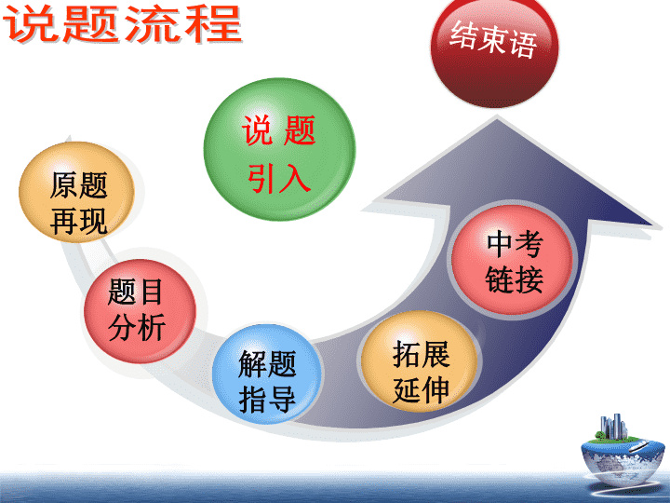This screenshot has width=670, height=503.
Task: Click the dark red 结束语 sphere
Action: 495,48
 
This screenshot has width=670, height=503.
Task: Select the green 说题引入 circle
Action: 279,149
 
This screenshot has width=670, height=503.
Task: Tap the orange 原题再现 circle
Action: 77,192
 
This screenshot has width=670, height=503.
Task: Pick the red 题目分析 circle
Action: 140,311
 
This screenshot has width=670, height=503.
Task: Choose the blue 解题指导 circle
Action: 267,374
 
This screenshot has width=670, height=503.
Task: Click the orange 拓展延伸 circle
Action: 419,362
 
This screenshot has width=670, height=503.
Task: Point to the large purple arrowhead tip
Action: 497,120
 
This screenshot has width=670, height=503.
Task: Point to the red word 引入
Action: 279,177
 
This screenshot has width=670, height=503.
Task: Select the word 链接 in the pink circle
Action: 515,279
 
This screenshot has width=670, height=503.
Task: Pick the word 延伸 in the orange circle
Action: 421,389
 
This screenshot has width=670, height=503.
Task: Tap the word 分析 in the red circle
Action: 137,327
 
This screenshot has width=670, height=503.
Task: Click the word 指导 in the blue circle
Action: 267,399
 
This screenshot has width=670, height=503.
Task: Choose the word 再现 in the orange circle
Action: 78,221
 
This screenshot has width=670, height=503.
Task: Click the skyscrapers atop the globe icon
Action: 613,427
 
